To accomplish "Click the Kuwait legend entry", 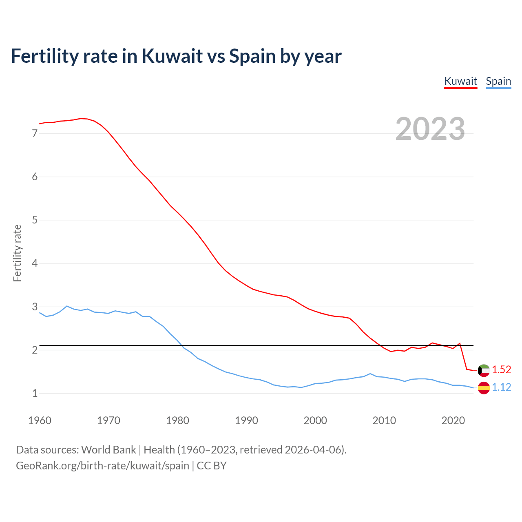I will [x=460, y=81].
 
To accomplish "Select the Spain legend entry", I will [x=498, y=81].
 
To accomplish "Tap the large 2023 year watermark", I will [x=430, y=129].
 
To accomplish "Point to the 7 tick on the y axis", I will [x=35, y=133].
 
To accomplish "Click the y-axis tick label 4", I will [x=35, y=263].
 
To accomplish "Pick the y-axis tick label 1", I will [x=35, y=394].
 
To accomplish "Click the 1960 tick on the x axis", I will [x=40, y=420].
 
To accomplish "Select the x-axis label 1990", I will [x=246, y=420].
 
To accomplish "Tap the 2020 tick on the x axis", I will [x=453, y=420].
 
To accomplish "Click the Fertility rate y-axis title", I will [x=17, y=253].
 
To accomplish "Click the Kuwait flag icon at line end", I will [x=484, y=370].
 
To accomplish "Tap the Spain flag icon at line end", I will [x=484, y=387].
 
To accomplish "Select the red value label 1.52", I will [x=501, y=369].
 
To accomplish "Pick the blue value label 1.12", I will [x=501, y=387].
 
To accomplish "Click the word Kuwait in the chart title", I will [x=172, y=56].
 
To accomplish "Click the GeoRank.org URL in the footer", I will [x=102, y=465].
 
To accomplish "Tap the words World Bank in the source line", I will [x=108, y=449].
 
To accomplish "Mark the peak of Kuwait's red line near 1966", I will [x=81, y=118].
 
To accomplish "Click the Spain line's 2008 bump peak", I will [x=370, y=374].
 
